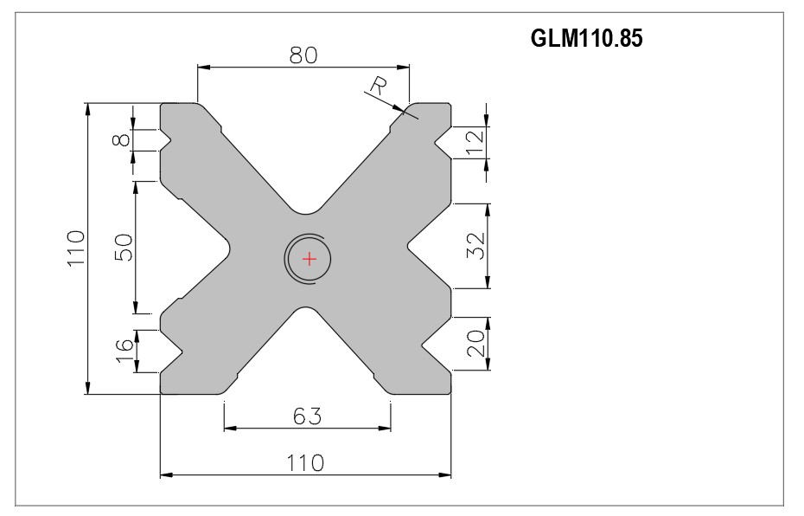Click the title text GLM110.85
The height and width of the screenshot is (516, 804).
pyautogui.click(x=586, y=38)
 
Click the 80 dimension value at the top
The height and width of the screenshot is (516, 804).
pyautogui.click(x=303, y=55)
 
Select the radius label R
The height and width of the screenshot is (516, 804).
pyautogui.click(x=379, y=87)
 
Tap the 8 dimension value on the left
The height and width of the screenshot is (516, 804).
pyautogui.click(x=121, y=139)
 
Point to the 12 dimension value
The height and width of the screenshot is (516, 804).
pyautogui.click(x=475, y=143)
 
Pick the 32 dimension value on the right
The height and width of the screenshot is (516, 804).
pyautogui.click(x=475, y=246)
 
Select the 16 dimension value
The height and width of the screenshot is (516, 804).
pyautogui.click(x=124, y=351)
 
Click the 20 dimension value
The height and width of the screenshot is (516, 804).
pyautogui.click(x=475, y=343)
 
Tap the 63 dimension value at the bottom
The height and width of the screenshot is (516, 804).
pyautogui.click(x=308, y=416)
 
